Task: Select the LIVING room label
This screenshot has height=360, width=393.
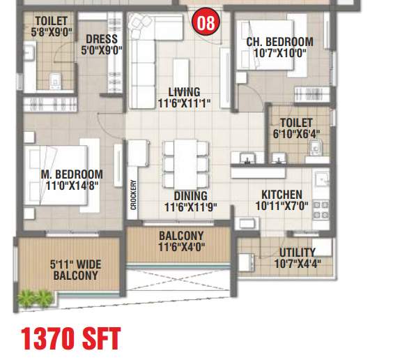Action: (x=184, y=91)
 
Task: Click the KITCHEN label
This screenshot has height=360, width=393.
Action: (x=282, y=195)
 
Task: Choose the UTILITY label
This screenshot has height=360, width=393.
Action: (x=298, y=252)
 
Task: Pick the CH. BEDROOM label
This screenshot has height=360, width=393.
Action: (x=279, y=42)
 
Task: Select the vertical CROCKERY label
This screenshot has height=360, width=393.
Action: (x=133, y=196)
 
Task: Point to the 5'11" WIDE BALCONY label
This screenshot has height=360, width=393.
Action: (x=75, y=270)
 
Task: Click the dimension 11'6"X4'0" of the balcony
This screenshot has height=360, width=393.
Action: (x=181, y=247)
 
